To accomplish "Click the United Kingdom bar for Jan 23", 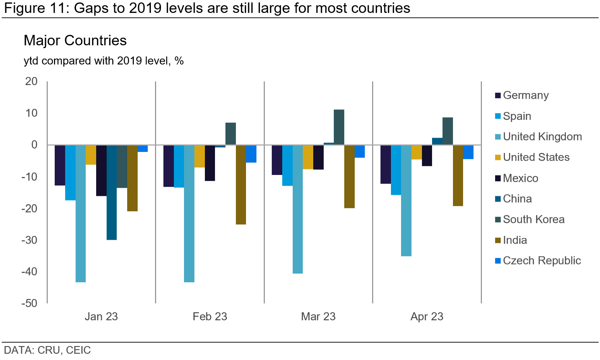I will point(80,213).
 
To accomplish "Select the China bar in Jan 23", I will point(111,192).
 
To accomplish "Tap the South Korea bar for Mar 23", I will point(339,127).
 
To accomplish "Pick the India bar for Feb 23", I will point(241,185).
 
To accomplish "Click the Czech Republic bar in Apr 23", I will point(468,152).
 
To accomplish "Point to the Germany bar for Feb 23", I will point(169,166).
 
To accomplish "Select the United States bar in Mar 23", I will point(308,157).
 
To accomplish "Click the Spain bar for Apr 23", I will point(396,170).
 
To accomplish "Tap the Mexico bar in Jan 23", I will point(101,170).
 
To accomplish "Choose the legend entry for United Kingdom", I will point(542,137).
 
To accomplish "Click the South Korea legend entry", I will point(533,219).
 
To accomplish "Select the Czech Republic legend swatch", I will point(498,261).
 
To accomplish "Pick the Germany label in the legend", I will point(526,95).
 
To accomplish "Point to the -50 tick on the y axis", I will point(30,303).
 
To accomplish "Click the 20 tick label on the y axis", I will point(31,81).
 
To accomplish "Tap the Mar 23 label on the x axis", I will point(318,316).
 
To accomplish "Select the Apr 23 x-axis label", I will point(427,316).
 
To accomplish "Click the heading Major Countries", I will point(75,40).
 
